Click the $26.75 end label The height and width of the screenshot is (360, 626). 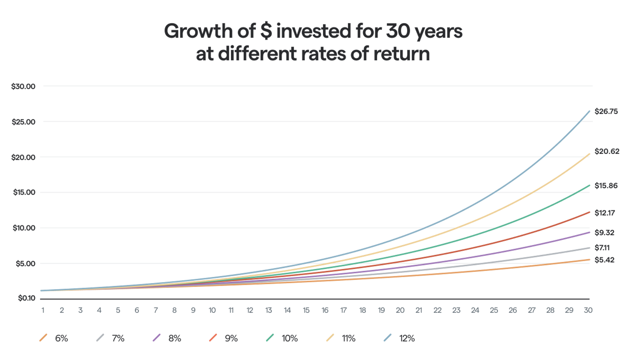606,111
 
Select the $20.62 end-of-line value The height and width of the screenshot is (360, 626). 606,151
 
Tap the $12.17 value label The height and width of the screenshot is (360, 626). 604,213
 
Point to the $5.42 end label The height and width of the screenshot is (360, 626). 604,260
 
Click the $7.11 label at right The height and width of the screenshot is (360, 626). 602,247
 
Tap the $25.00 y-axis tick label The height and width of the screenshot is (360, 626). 23,122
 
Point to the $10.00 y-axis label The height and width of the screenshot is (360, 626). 24,228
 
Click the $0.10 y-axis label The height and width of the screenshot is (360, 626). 27,298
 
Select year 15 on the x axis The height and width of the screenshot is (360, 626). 306,310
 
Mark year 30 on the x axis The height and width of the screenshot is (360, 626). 588,310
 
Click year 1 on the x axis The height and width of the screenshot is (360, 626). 43,310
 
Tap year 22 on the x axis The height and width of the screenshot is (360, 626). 437,310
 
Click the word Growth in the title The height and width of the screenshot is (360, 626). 198,31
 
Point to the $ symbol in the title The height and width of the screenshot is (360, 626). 266,31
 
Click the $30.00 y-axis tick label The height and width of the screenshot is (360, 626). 23,86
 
